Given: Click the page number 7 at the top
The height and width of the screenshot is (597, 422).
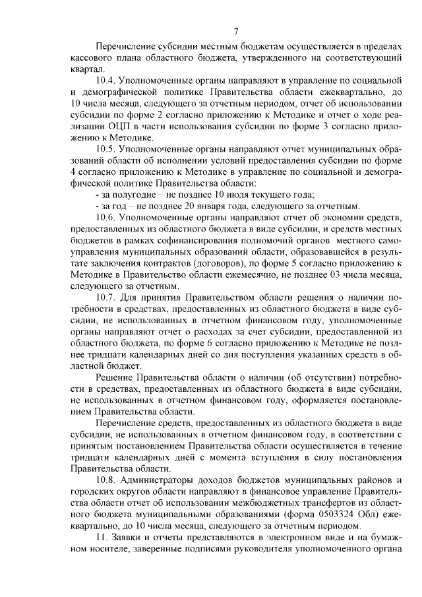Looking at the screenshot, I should click(x=235, y=30).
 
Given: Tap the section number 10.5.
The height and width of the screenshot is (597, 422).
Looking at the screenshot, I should click(x=107, y=150).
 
